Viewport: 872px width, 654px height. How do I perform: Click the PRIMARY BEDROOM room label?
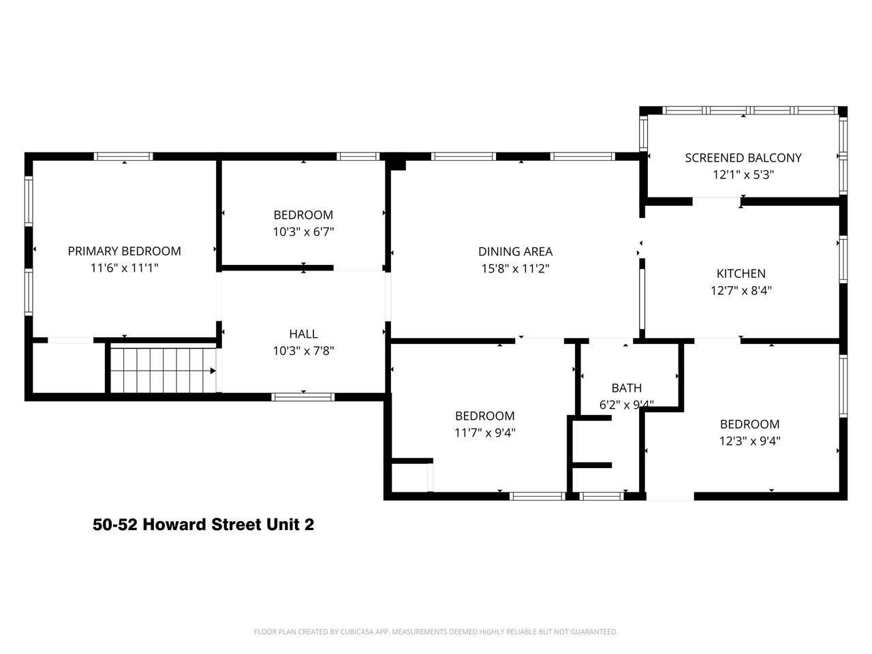click(125, 251)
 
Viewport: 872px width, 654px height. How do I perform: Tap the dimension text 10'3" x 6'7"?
click(304, 232)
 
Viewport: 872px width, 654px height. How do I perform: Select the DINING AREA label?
click(515, 251)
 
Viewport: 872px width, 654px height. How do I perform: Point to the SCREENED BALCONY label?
click(743, 157)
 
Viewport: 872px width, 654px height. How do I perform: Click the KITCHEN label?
click(741, 273)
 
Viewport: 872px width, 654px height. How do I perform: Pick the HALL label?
click(304, 334)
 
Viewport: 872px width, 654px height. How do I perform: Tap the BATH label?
click(627, 388)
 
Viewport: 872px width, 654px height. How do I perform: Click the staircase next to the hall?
click(163, 370)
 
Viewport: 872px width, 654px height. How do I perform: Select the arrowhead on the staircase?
click(213, 371)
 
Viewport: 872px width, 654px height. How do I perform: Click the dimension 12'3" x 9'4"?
click(749, 441)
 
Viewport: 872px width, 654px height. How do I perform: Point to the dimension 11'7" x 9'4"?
click(484, 433)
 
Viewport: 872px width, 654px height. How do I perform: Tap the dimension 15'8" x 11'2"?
click(515, 268)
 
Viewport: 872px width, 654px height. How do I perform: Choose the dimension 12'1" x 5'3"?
click(743, 174)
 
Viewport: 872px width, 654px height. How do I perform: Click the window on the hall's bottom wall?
click(303, 396)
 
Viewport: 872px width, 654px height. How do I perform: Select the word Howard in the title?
click(174, 524)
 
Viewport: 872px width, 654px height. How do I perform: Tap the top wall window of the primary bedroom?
click(123, 156)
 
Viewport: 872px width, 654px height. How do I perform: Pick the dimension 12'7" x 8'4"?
click(741, 290)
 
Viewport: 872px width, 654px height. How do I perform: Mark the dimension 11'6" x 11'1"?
click(125, 268)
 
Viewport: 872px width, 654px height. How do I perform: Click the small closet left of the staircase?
click(68, 368)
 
